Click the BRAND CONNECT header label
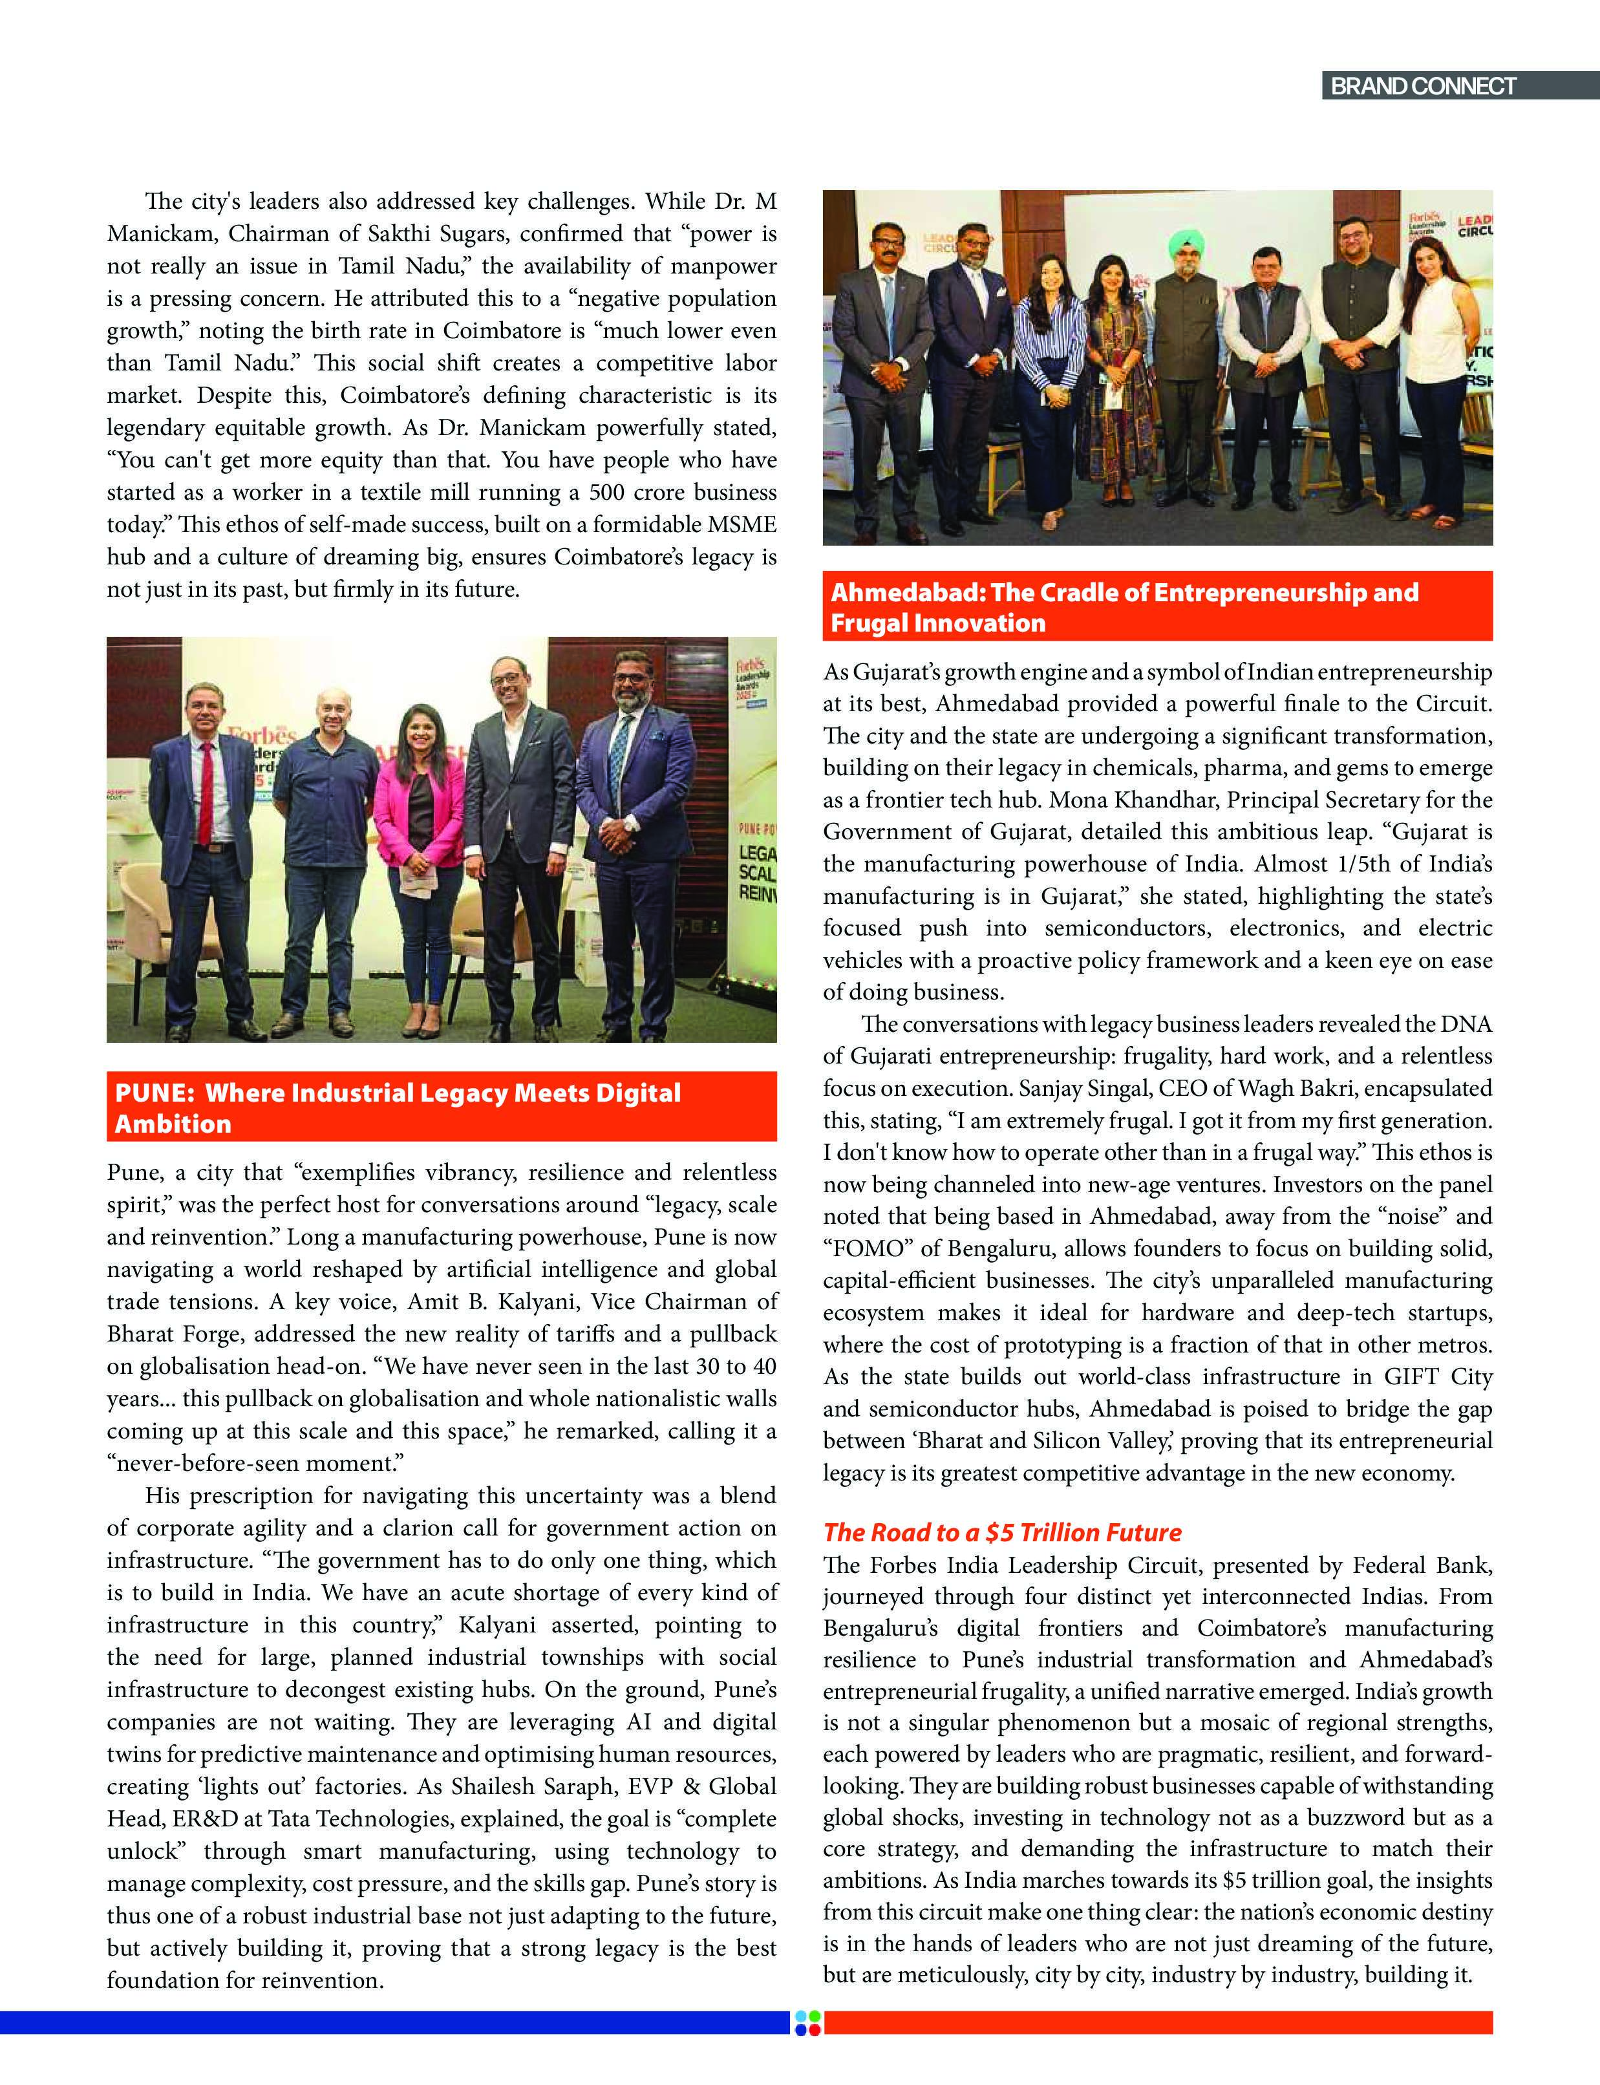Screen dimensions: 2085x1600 1422,87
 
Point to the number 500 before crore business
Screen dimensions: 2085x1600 606,493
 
